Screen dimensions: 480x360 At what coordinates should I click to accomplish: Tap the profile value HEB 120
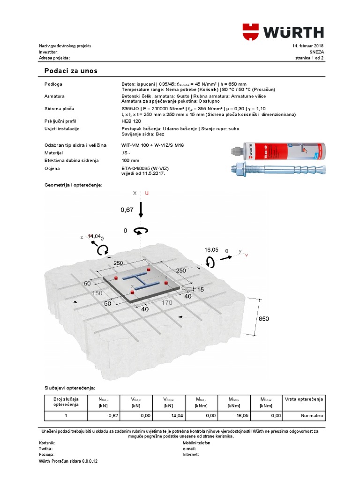click(x=131, y=121)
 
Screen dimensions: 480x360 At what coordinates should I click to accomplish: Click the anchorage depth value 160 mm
click(x=131, y=161)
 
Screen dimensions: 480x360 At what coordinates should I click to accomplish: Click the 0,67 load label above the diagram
click(x=127, y=210)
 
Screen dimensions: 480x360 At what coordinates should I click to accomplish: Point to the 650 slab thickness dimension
click(x=264, y=319)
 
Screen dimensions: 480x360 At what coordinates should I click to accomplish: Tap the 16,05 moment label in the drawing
click(x=211, y=250)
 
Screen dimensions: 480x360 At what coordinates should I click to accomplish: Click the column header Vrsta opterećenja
click(x=304, y=399)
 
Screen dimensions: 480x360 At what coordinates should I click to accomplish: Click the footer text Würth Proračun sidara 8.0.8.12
click(x=68, y=461)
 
